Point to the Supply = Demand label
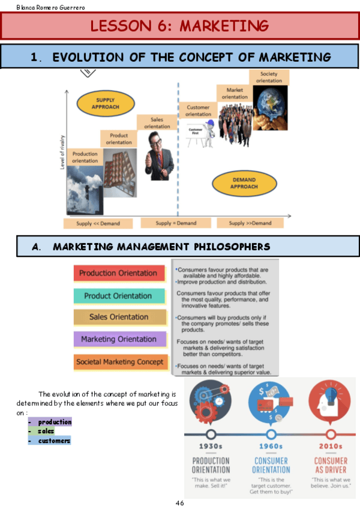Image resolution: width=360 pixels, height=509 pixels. pyautogui.click(x=176, y=223)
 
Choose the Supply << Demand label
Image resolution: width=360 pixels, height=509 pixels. pyautogui.click(x=98, y=224)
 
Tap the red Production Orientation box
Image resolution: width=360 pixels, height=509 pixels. pyautogui.click(x=118, y=274)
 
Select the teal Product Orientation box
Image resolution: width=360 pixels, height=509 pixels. pyautogui.click(x=118, y=296)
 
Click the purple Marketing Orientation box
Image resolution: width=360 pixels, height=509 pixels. pyautogui.click(x=119, y=339)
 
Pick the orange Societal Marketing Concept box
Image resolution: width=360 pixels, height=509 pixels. pyautogui.click(x=119, y=362)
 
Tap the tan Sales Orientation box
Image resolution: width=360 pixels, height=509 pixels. pyautogui.click(x=119, y=317)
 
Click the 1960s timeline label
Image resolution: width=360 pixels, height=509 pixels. pyautogui.click(x=271, y=447)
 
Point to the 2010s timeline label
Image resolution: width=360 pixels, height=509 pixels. pyautogui.click(x=331, y=447)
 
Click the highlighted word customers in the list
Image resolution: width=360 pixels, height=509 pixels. pyautogui.click(x=54, y=441)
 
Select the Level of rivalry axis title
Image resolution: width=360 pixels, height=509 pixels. pyautogui.click(x=62, y=153)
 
